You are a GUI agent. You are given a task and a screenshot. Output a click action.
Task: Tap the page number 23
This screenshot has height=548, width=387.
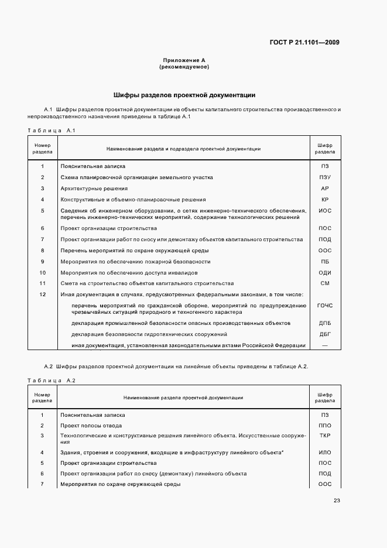(x=337, y=500)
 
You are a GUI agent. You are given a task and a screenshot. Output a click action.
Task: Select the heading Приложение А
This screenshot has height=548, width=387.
(x=184, y=60)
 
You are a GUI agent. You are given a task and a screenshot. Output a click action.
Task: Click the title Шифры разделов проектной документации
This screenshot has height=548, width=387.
(x=184, y=95)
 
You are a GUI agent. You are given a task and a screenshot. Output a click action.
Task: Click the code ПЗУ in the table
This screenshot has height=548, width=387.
(x=325, y=177)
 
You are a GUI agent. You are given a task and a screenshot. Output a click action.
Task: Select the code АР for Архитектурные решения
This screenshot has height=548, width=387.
(x=325, y=189)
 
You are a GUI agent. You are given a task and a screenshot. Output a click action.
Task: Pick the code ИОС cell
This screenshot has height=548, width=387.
(x=325, y=210)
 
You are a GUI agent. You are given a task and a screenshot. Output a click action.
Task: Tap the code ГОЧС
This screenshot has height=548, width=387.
(x=325, y=306)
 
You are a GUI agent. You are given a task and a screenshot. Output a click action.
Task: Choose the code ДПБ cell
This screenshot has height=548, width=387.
(x=325, y=323)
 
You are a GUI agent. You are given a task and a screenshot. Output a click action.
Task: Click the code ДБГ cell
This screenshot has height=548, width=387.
(x=325, y=334)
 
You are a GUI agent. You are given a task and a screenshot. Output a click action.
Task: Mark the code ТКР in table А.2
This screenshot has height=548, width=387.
(x=325, y=436)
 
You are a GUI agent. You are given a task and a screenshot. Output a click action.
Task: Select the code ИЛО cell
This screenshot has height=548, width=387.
(x=325, y=453)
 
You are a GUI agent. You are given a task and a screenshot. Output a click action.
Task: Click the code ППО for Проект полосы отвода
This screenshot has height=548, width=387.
(x=325, y=426)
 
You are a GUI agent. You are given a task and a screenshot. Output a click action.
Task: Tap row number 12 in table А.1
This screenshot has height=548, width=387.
(x=42, y=294)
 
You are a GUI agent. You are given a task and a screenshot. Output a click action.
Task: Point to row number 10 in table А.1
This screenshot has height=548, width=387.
(x=42, y=273)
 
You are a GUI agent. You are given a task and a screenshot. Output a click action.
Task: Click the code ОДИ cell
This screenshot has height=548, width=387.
(x=325, y=273)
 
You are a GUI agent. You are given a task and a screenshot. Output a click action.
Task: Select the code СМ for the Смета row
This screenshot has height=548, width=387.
(x=325, y=283)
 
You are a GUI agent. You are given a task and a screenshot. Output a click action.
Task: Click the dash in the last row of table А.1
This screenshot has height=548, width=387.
(x=325, y=345)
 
